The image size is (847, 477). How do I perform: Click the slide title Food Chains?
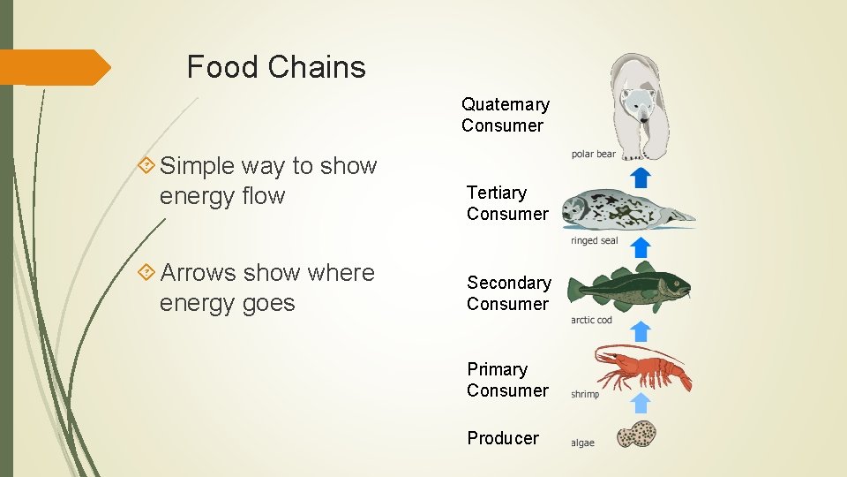[276, 67]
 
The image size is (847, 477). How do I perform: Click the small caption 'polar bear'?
[594, 155]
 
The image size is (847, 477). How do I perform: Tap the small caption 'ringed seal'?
[595, 240]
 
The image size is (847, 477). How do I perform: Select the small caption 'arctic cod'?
[591, 320]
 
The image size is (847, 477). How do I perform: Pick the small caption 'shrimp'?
[585, 394]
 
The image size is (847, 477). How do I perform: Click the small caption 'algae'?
[583, 443]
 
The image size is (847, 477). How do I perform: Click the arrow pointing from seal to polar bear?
[641, 176]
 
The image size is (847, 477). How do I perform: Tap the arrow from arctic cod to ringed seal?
[641, 249]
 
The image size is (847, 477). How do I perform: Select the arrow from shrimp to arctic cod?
[641, 331]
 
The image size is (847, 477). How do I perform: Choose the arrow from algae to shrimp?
[641, 403]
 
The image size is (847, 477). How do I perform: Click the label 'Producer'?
[503, 438]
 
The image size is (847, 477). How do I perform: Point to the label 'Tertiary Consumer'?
[507, 203]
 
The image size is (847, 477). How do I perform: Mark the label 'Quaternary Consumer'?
[505, 115]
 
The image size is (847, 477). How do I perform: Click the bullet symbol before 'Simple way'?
[146, 166]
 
